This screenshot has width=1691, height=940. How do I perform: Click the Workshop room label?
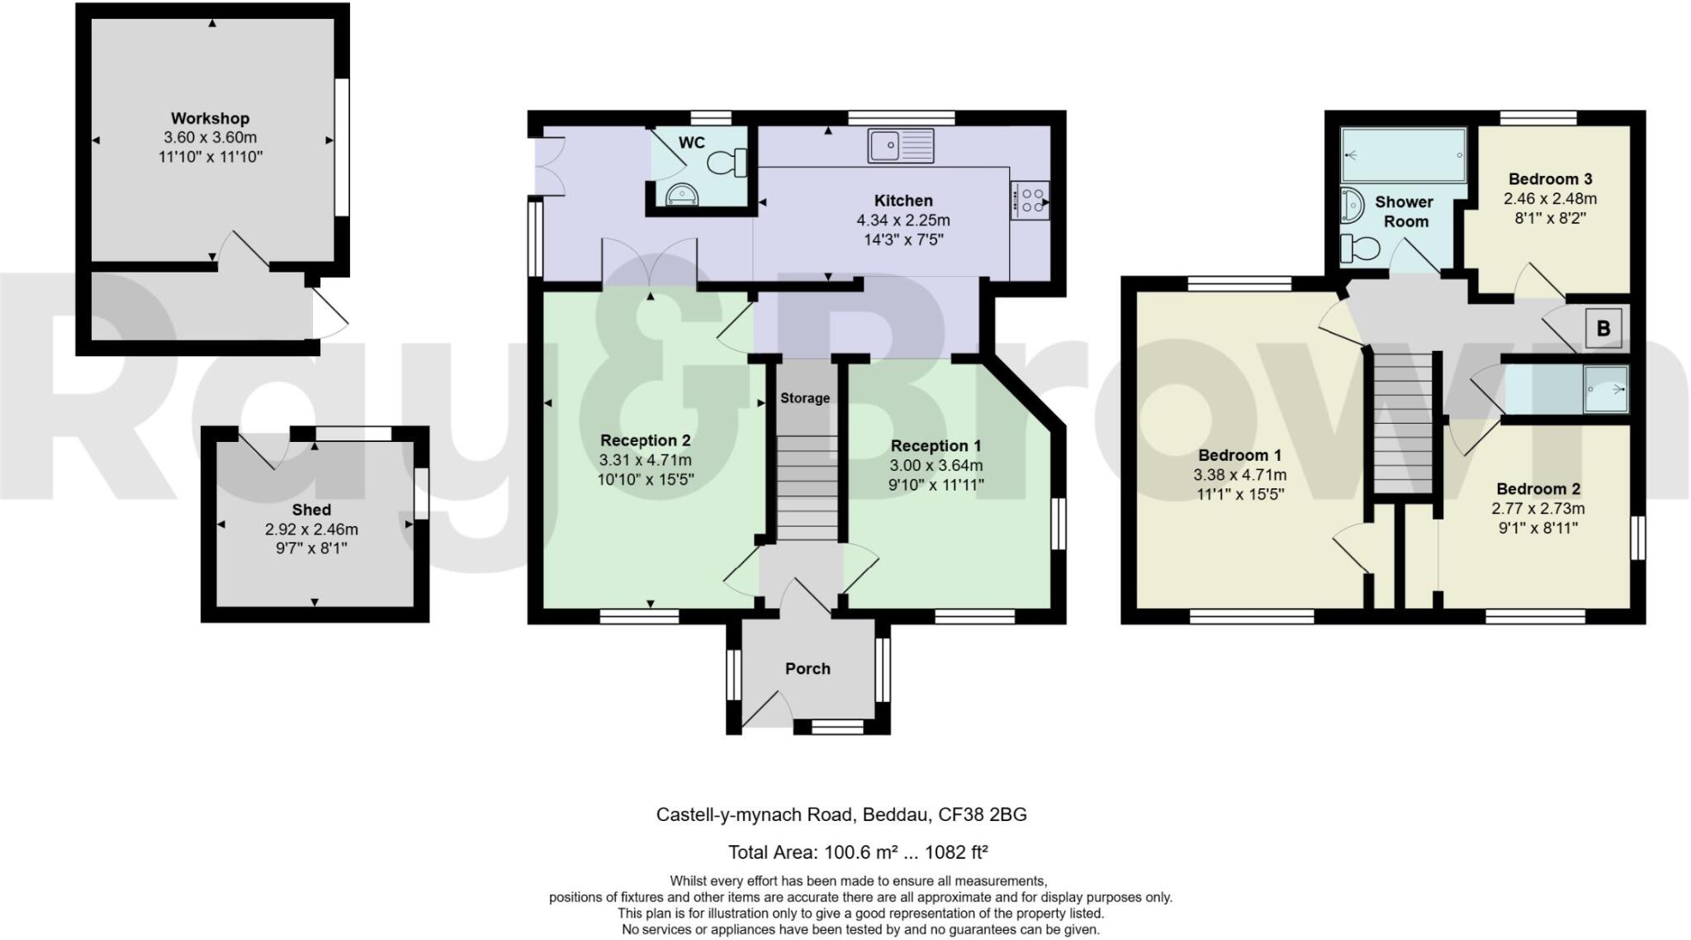pos(210,118)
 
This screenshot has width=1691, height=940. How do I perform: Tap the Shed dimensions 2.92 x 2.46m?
pos(311,529)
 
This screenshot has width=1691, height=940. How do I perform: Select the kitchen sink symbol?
pos(900,145)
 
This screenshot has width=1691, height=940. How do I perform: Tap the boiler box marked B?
pos(1603,329)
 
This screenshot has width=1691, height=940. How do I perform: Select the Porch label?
pos(807,668)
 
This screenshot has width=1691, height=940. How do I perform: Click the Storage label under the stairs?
pos(805,398)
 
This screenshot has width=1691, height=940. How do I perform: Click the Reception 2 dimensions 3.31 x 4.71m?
pos(645,460)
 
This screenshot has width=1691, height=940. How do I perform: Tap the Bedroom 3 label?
pos(1550,179)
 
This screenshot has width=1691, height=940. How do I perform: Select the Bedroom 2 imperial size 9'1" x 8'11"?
pos(1537,528)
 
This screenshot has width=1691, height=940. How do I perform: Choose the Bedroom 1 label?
pos(1239,455)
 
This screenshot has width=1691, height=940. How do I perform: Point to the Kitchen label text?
pos(903,201)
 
